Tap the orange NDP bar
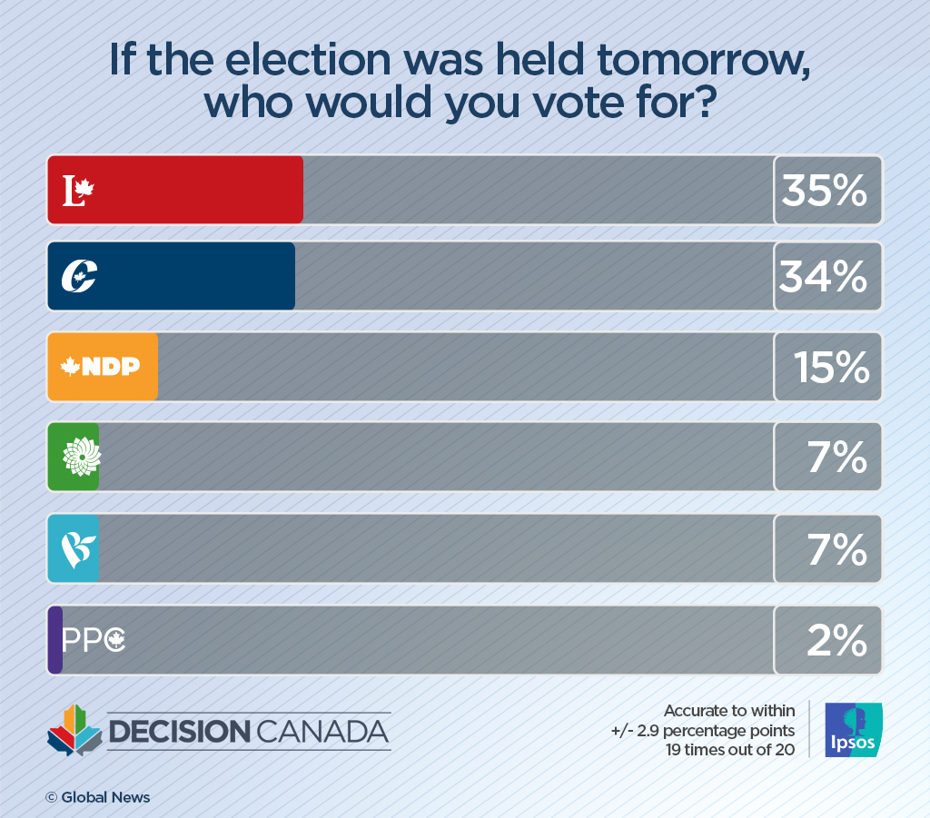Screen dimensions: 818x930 (102, 366)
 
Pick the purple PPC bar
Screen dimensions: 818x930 (54, 640)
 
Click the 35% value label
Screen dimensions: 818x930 (825, 190)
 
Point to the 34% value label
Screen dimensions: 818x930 (824, 277)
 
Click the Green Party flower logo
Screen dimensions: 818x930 (81, 457)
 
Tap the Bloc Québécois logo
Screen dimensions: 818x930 (79, 548)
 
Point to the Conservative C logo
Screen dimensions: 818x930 (79, 276)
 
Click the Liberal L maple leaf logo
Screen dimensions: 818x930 (78, 190)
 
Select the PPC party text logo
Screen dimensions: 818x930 (93, 641)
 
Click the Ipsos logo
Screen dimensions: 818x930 (851, 730)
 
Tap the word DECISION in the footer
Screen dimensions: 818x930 (177, 731)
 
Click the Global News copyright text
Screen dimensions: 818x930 (98, 797)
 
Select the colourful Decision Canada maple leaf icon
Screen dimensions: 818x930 (74, 730)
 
